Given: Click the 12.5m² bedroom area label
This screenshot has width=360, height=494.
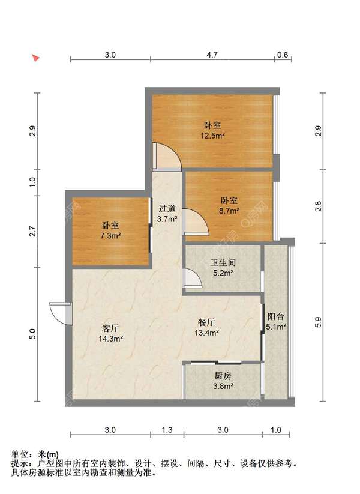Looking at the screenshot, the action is click(212, 136).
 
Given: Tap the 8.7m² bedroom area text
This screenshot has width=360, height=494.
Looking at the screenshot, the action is click(229, 211).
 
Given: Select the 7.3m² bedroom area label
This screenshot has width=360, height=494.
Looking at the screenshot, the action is click(110, 236).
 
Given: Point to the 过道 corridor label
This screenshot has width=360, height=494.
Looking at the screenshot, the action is click(167, 208).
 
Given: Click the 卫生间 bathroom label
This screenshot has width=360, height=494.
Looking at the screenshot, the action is click(223, 262).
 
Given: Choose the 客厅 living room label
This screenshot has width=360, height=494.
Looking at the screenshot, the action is click(110, 328).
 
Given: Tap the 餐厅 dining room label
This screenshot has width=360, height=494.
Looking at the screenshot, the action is click(206, 322).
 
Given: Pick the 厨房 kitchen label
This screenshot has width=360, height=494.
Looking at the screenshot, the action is click(223, 376).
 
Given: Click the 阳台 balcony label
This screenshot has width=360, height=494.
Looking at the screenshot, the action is click(276, 316).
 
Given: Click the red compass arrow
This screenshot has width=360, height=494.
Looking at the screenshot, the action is click(35, 58).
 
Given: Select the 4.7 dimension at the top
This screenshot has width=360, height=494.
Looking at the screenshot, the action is click(212, 55).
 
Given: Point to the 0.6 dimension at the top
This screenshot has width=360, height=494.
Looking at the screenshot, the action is click(283, 55).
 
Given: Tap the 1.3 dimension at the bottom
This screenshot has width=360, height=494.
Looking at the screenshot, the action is click(167, 430).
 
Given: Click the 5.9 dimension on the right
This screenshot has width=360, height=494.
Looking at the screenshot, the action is click(318, 322).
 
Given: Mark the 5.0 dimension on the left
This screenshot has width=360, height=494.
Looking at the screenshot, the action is click(33, 334).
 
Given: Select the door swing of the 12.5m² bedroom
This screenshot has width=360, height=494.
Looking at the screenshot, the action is click(167, 157).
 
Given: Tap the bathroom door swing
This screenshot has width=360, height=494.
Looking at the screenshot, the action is click(192, 278).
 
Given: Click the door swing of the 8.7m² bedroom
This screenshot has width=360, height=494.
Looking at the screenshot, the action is click(196, 222).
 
